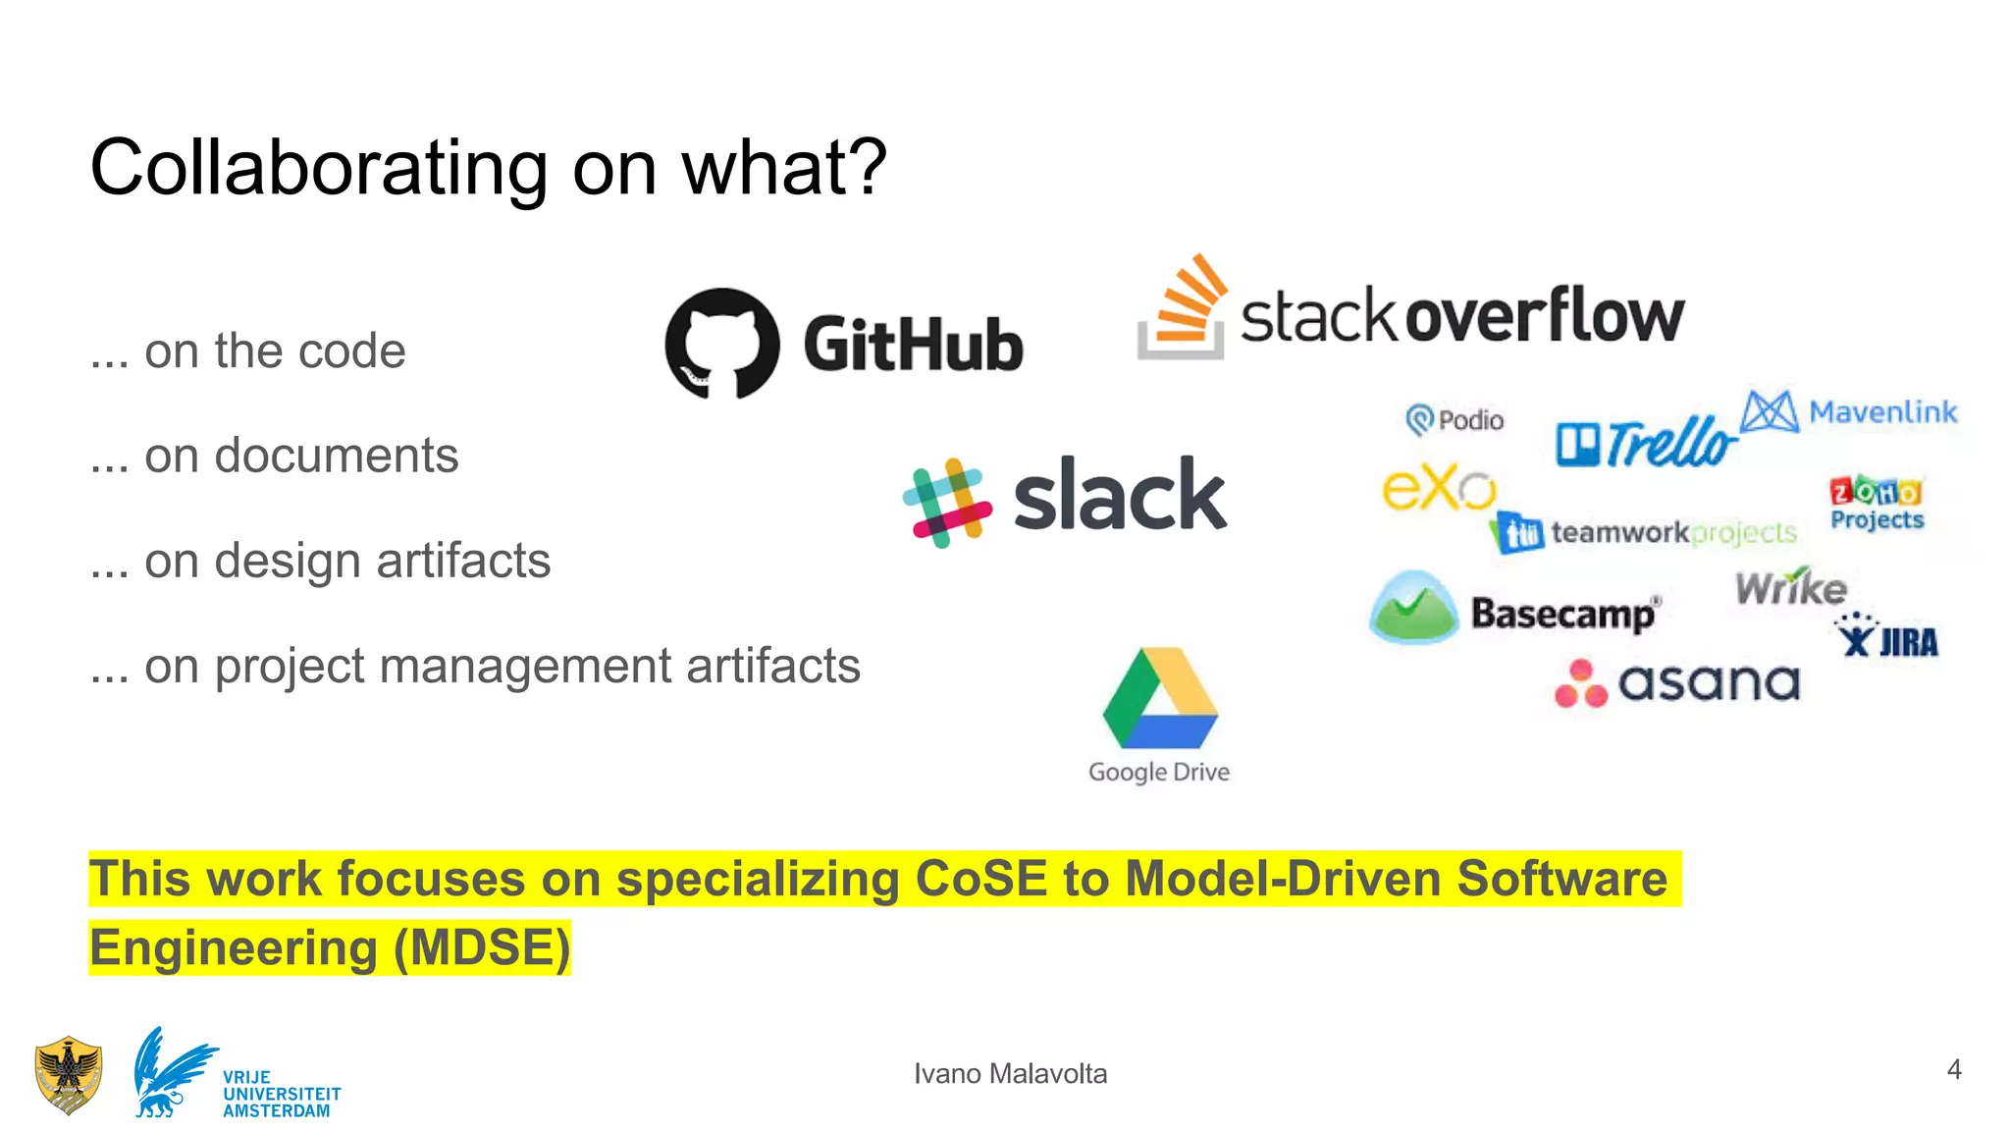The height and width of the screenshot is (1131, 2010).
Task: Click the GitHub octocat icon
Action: (722, 344)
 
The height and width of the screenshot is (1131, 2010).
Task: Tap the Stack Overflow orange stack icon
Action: (1184, 308)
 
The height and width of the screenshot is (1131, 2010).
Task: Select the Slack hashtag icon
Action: (947, 503)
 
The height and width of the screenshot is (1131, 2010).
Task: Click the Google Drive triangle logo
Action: (1160, 699)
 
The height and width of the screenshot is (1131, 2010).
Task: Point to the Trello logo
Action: (1646, 442)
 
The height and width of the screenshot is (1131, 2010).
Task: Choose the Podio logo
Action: (1455, 420)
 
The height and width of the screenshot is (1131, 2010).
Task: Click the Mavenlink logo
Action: (1849, 411)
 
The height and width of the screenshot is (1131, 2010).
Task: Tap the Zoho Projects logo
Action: (1877, 503)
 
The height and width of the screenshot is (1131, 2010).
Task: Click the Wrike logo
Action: (1791, 587)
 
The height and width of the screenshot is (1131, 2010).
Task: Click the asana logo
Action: (1678, 682)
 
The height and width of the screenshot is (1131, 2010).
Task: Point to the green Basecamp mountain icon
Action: (1413, 609)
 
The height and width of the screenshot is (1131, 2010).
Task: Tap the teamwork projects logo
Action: (1645, 533)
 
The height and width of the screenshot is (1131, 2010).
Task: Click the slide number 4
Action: (1954, 1069)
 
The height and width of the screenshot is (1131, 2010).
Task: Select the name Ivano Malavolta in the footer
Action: (1010, 1074)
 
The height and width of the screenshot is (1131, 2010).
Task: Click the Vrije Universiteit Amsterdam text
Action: (281, 1094)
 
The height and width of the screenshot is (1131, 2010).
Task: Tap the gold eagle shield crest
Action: (68, 1075)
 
